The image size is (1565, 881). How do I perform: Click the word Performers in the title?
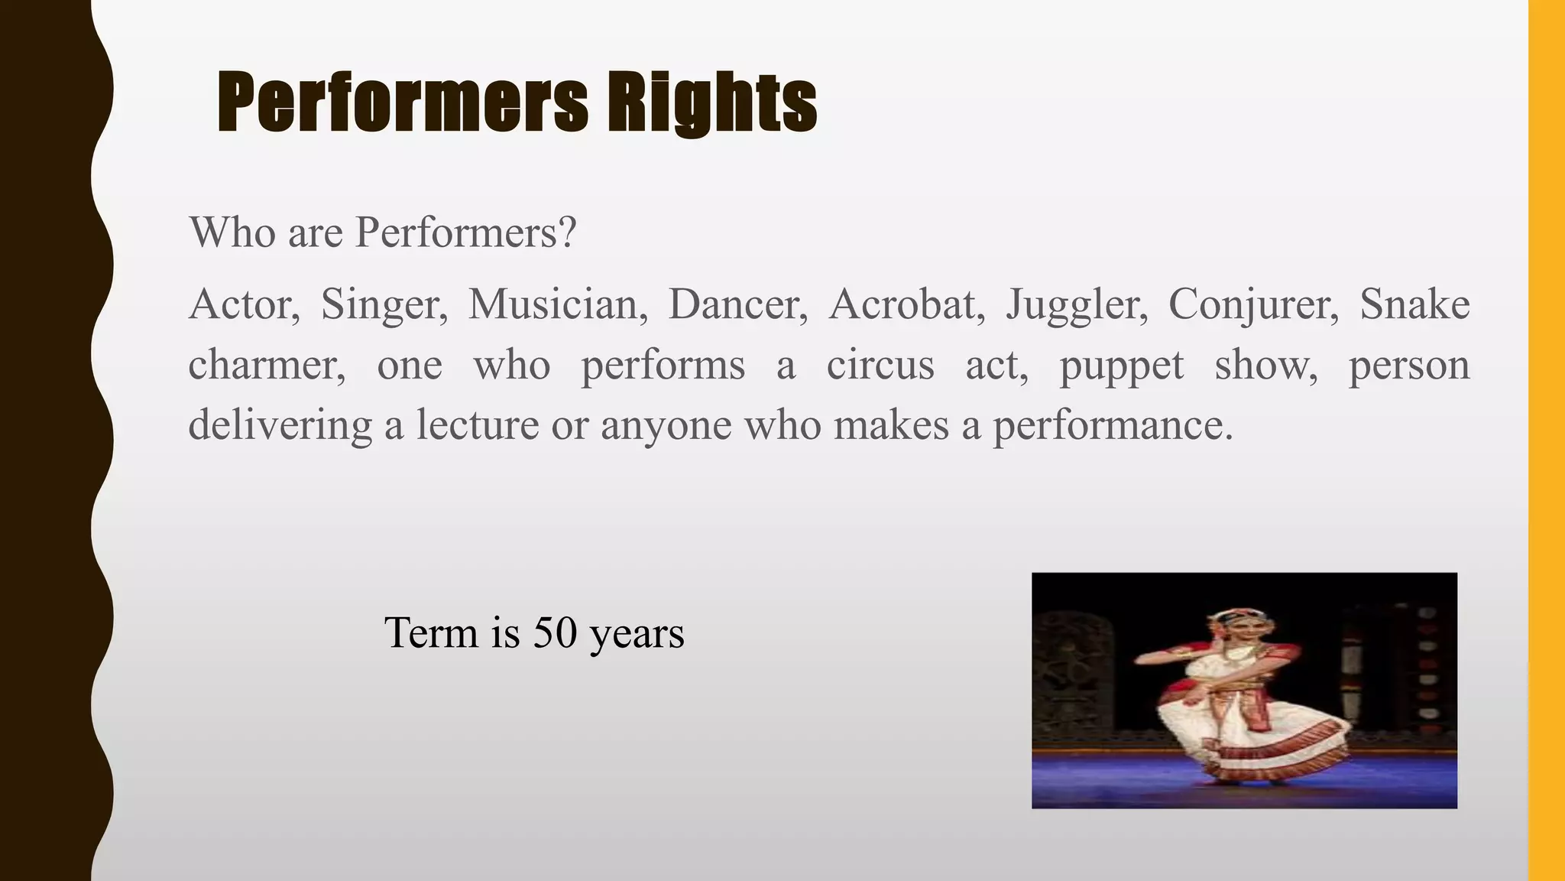click(403, 102)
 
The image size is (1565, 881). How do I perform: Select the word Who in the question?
click(232, 232)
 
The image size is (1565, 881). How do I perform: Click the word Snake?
click(1414, 304)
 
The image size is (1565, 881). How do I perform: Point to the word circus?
click(880, 365)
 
